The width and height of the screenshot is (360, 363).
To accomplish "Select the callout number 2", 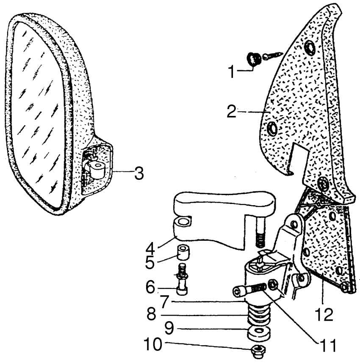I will point(231,112).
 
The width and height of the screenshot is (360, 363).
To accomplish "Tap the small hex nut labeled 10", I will point(257,349).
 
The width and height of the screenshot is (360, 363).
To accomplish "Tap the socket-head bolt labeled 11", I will point(248,290).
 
